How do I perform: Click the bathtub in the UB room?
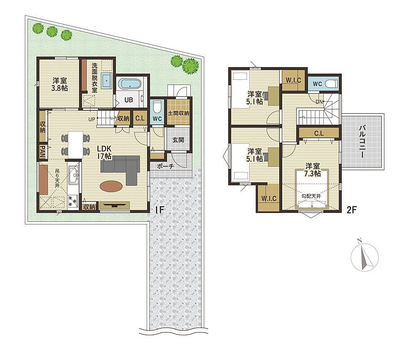coord(131,84)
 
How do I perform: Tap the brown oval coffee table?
coord(111,186)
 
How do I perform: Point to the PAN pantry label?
coord(42,151)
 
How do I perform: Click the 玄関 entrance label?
coord(178,140)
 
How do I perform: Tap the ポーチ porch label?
coord(165,166)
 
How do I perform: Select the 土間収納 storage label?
coord(179,113)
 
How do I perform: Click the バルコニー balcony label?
coord(362,141)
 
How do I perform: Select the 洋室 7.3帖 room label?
coord(313,169)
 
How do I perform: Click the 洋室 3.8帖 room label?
coord(60,84)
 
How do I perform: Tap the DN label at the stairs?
coord(319,102)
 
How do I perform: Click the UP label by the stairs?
coord(92,119)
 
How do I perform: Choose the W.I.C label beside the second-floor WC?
coord(293,80)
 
